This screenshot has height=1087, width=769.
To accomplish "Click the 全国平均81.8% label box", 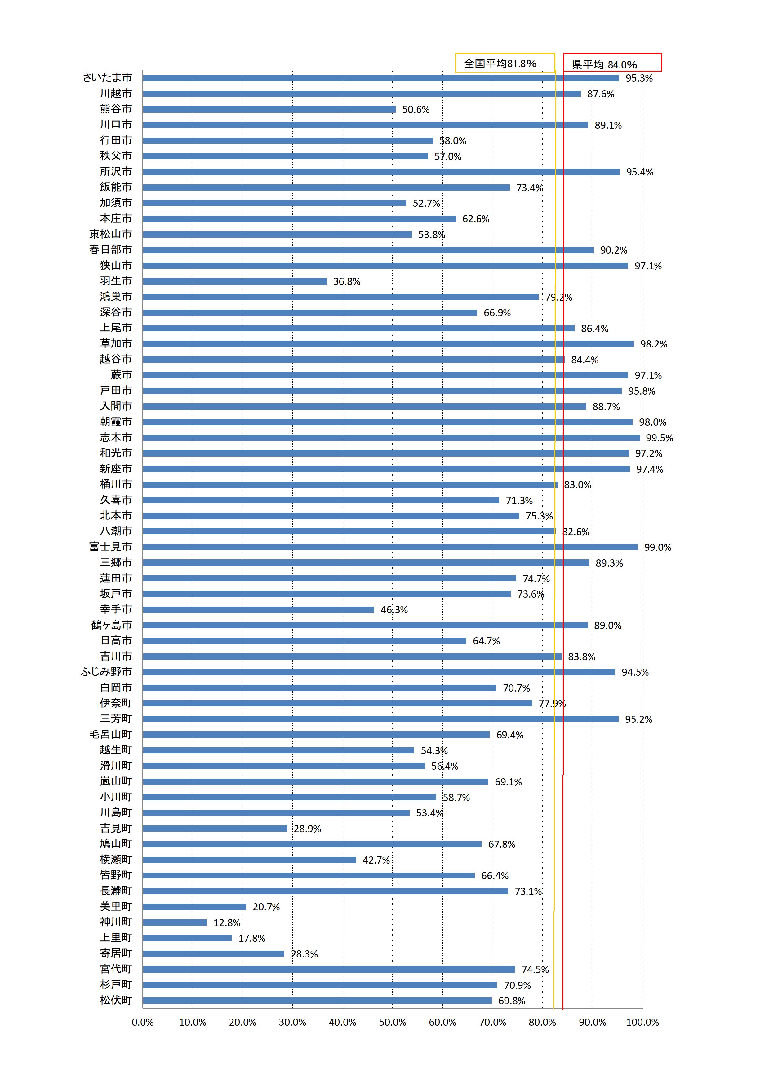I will point(505,63).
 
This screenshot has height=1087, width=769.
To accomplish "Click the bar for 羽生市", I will point(234,281).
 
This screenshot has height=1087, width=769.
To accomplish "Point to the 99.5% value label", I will point(659,438).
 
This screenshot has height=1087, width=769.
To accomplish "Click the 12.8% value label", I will point(227,923).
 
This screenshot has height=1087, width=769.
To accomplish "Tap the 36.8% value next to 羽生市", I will point(347,282).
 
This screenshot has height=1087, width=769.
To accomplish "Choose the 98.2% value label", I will point(653,344).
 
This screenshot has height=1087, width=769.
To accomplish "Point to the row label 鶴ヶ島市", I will point(111,625).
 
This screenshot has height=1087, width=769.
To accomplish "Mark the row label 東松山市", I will point(110,234).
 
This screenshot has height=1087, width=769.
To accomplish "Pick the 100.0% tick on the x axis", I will point(642,1023).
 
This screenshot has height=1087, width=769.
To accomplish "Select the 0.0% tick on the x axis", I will point(143,1023).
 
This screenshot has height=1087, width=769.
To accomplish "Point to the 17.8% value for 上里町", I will point(252,938).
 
